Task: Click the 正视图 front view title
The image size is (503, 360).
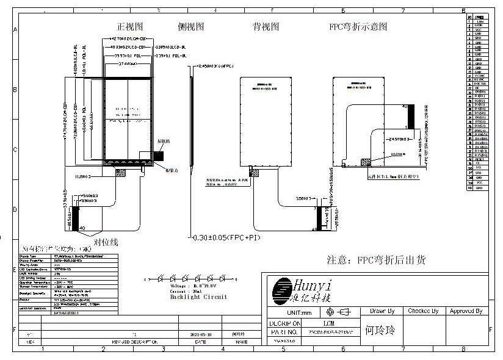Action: click(130, 27)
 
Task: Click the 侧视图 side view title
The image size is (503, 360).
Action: click(190, 27)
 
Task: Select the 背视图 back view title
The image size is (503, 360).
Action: click(266, 27)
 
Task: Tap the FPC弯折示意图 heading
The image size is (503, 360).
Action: click(358, 27)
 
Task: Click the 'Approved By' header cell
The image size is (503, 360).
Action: click(466, 311)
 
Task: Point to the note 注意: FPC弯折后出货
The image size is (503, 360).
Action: click(376, 260)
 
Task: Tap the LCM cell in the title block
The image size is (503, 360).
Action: click(328, 323)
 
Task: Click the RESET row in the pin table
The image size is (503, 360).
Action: click(479, 159)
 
